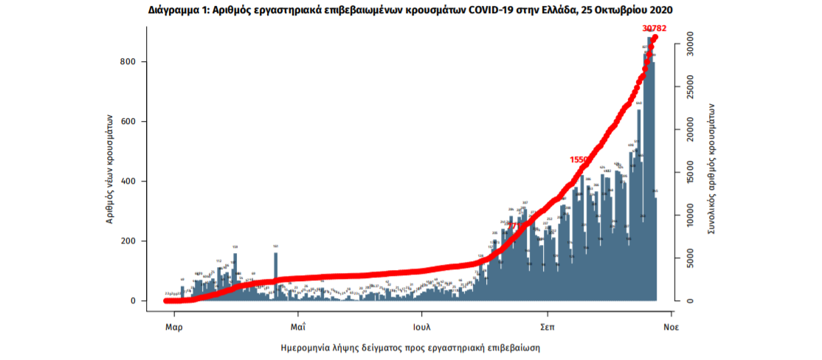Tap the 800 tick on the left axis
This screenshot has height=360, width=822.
tap(127, 62)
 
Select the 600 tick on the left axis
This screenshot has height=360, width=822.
tap(127, 122)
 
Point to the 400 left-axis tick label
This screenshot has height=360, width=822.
tap(127, 181)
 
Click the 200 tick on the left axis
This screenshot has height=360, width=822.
tap(127, 241)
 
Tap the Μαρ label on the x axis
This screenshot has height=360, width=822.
tap(173, 325)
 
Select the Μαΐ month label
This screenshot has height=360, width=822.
tap(298, 325)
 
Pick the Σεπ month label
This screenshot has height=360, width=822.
tap(547, 325)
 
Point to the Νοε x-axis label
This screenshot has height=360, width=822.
tap(670, 325)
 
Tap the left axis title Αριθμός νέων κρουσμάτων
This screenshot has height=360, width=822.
tap(109, 169)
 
